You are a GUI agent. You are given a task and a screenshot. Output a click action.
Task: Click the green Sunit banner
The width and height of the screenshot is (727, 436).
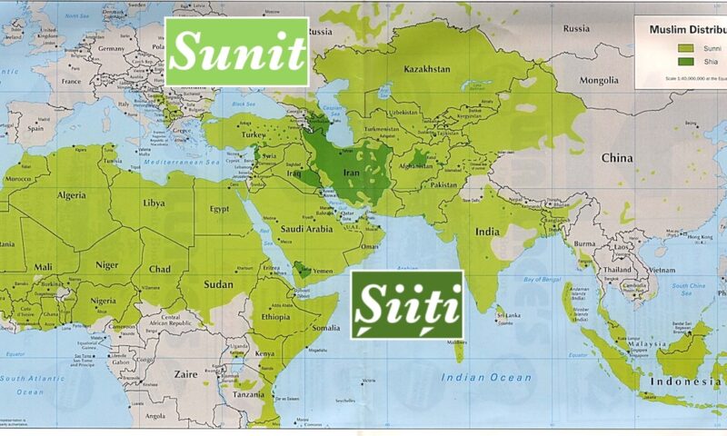(x=236, y=52)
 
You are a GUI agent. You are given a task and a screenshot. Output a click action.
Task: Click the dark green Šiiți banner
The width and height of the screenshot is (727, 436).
(x=407, y=304)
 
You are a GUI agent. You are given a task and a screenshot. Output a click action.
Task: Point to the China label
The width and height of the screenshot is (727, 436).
(x=616, y=157)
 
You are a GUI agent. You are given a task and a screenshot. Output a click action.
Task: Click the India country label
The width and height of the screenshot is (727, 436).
(x=486, y=231)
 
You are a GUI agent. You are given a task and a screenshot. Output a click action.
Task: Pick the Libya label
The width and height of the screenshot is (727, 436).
(x=154, y=203)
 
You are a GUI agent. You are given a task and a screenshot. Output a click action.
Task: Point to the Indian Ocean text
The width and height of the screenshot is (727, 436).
(x=485, y=376)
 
